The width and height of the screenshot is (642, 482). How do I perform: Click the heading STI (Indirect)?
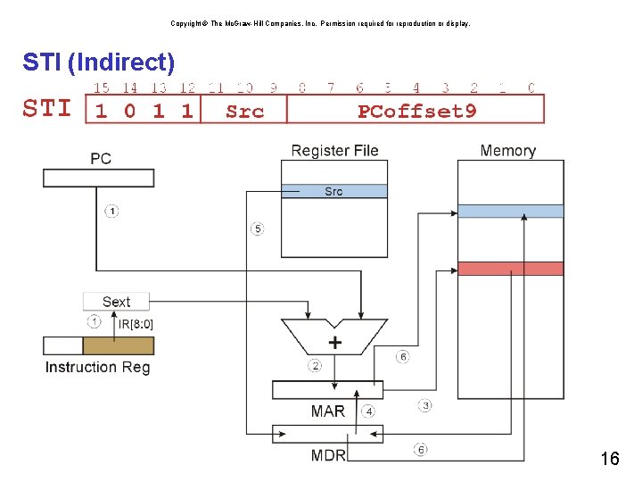point(99,62)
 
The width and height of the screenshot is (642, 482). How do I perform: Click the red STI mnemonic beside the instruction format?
point(47,109)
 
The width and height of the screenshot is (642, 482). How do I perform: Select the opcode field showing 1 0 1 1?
point(144,110)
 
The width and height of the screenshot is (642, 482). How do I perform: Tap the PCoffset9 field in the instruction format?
point(416,111)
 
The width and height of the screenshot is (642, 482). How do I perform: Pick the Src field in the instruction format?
point(244,111)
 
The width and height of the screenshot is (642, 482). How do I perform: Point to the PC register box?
point(98,178)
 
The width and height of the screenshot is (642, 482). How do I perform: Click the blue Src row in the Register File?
point(333,191)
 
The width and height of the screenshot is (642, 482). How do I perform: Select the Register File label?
point(334,151)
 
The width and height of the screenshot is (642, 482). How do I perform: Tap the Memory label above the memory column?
point(507,151)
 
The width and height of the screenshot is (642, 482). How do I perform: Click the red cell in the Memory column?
point(510,269)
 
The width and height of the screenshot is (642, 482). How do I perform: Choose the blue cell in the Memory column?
point(510,212)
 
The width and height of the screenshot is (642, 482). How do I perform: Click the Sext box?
point(116,302)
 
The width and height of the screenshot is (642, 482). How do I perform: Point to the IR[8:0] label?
point(136,323)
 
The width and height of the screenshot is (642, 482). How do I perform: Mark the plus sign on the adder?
point(335,342)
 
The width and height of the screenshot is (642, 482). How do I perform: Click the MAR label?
point(327,411)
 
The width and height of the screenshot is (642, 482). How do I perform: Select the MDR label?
point(327,455)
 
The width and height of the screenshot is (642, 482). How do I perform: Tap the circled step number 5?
point(257,229)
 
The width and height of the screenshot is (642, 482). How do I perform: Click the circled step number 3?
point(425,405)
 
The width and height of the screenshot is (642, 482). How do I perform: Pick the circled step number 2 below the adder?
point(315,365)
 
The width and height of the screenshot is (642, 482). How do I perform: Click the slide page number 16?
point(609,460)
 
